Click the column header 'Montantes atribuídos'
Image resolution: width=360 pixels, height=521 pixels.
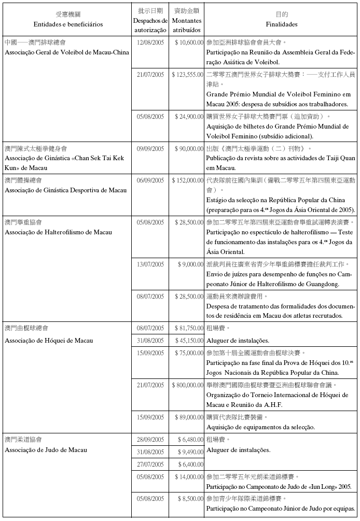point(187,24)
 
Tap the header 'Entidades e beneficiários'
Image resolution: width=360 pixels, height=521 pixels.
point(68,24)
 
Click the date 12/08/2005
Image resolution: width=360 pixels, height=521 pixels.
point(150,42)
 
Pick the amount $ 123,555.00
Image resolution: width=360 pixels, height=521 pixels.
point(187,75)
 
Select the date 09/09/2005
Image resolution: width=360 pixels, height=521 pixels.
point(150,149)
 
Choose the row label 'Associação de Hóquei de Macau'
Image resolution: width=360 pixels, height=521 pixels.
point(49,340)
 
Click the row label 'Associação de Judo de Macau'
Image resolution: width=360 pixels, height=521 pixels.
point(46,450)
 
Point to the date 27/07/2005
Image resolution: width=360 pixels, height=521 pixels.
point(150,465)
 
